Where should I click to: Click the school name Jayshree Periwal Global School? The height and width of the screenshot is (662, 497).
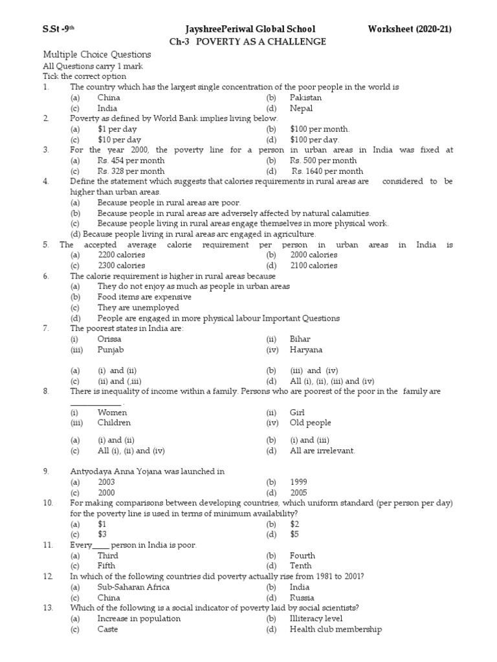point(250,29)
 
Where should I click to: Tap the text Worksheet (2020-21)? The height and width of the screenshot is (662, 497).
point(410,29)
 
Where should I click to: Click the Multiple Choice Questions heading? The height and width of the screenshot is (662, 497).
point(96,55)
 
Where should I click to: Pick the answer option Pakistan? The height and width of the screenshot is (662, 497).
point(305,98)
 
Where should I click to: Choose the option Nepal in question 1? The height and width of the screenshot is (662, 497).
point(301,109)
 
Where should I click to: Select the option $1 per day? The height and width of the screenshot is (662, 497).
point(118,129)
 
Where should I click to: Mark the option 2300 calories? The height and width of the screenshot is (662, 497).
point(122,266)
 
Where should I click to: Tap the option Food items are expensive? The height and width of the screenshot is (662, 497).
point(144,297)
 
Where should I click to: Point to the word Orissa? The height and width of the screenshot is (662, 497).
point(109,339)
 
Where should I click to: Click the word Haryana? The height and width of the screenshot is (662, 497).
point(306,350)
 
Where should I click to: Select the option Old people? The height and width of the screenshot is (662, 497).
point(310,423)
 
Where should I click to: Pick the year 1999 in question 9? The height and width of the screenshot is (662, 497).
point(299,482)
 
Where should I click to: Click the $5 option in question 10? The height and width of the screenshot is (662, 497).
point(294,535)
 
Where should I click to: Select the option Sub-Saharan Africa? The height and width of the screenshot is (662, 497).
point(133,587)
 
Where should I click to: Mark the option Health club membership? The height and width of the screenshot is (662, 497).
point(335,629)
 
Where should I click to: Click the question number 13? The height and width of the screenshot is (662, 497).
point(48,608)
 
